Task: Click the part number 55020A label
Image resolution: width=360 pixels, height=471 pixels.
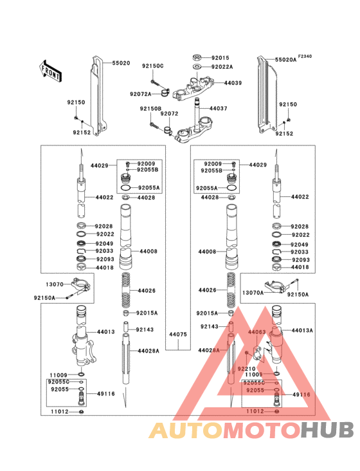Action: click(x=286, y=59)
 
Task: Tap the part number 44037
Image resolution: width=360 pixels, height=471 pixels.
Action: click(x=219, y=108)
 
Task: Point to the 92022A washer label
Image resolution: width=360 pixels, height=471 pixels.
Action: click(x=222, y=66)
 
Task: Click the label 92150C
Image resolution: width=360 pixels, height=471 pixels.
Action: click(x=153, y=66)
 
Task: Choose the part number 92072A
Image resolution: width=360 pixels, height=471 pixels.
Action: click(x=140, y=94)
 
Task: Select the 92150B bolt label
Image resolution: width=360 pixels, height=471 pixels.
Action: click(x=150, y=109)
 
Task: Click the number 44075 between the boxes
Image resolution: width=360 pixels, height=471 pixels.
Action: click(x=178, y=335)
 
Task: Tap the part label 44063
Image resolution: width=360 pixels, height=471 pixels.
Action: click(x=256, y=332)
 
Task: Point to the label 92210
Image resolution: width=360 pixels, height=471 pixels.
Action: click(x=247, y=369)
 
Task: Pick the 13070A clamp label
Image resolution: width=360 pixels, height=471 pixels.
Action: click(x=253, y=293)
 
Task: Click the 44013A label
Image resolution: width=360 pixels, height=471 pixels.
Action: click(x=302, y=330)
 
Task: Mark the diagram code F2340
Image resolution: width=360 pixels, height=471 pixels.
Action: click(x=305, y=57)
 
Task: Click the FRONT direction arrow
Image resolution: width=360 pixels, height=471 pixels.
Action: click(x=51, y=71)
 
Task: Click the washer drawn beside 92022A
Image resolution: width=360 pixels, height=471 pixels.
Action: click(x=196, y=66)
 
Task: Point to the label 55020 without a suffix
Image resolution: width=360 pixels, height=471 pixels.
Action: click(x=121, y=63)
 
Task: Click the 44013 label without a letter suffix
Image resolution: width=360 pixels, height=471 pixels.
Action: click(x=106, y=332)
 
